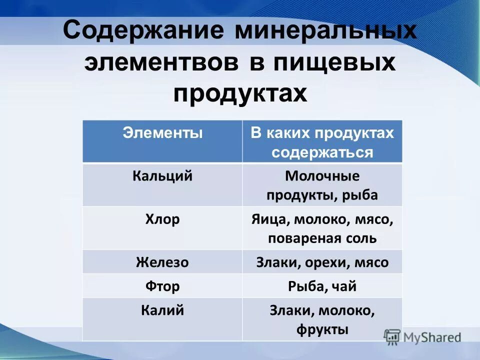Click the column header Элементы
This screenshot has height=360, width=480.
tap(162, 133)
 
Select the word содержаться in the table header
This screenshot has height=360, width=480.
tap(322, 152)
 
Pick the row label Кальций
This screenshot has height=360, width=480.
tap(162, 176)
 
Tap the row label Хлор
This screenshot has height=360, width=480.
tap(162, 219)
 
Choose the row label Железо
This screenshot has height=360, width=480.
tap(162, 262)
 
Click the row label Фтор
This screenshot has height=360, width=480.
tap(162, 286)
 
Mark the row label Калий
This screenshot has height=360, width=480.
tap(162, 310)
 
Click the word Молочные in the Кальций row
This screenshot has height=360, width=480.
tap(322, 176)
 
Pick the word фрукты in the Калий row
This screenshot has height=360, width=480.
tap(322, 329)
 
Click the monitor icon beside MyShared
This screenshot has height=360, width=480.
tap(392, 336)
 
